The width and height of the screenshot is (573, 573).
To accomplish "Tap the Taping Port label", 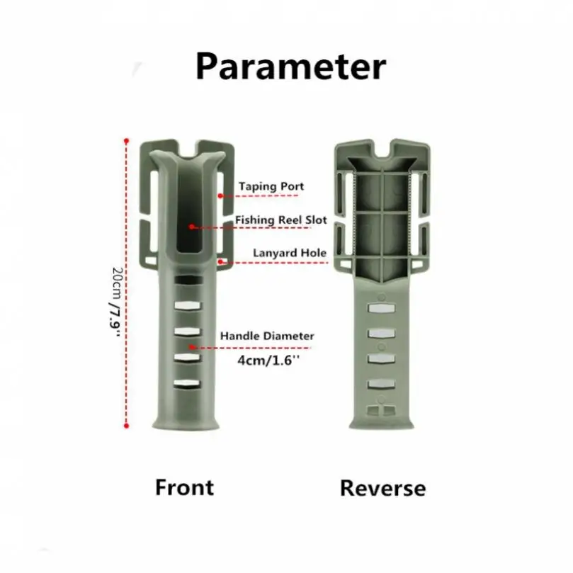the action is [271, 186].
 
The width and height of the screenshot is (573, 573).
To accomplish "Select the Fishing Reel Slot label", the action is [281, 220].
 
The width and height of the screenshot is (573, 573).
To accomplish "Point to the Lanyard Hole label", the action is [290, 252].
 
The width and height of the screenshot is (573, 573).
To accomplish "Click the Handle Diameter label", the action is [266, 336].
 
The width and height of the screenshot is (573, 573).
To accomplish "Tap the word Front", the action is [184, 487].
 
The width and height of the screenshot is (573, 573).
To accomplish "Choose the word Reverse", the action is [382, 488].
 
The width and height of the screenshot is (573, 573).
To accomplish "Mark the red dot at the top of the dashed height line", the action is [126, 140].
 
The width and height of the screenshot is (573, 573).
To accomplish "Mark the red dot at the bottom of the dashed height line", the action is [126, 426].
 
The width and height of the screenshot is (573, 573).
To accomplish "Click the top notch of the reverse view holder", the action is [383, 151].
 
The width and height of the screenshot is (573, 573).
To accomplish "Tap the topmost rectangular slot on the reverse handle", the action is [382, 309].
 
